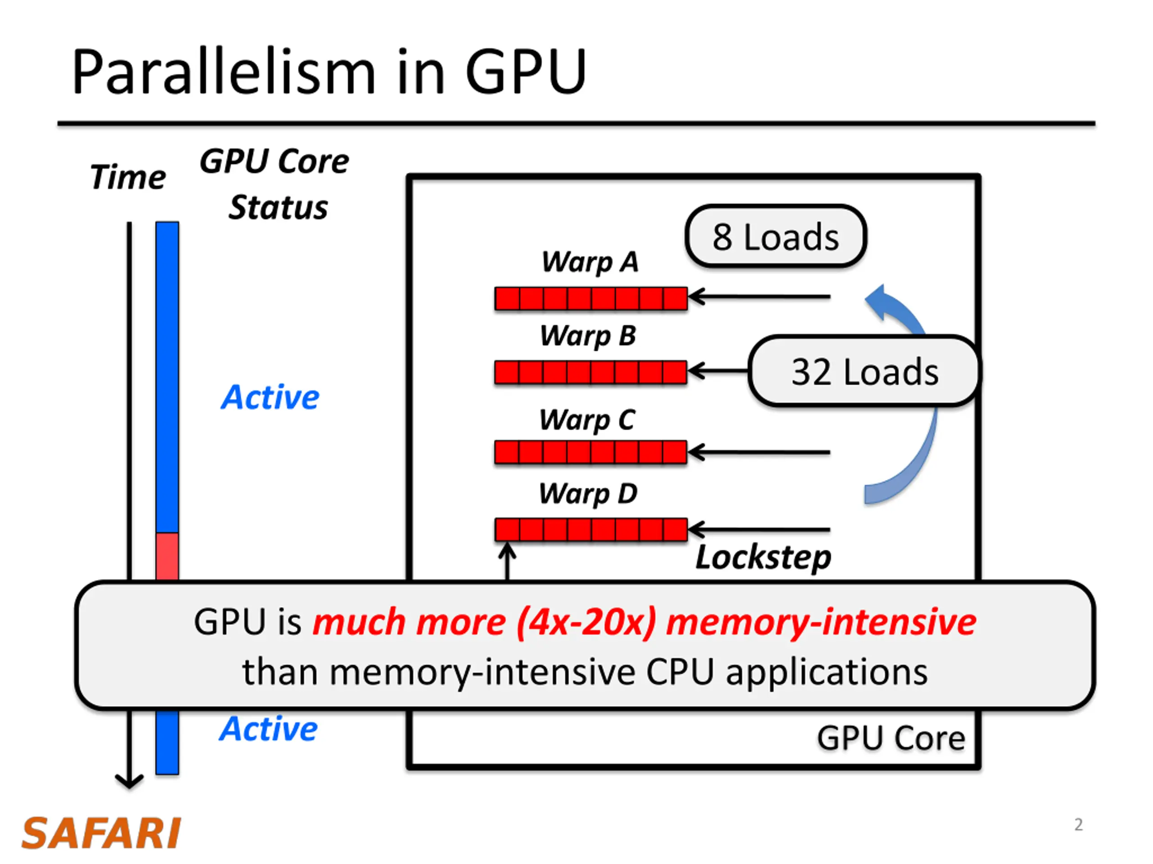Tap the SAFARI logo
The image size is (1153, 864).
pos(101,833)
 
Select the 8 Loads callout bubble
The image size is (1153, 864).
pos(776,236)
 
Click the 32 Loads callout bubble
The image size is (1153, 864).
pos(864,371)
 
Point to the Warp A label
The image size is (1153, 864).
pos(590,261)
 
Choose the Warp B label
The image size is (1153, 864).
pos(588,335)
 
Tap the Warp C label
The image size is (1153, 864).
pos(587,420)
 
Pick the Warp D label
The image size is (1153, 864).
pos(588,494)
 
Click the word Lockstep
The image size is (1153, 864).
pos(763,558)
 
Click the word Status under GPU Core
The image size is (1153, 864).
pos(278,207)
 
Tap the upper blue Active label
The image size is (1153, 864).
pos(270,397)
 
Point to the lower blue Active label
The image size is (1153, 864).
pos(268,728)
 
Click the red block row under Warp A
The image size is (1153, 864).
pos(591,298)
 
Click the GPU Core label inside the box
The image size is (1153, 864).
pos(891,738)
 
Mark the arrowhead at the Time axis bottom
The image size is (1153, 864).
pos(129,781)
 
